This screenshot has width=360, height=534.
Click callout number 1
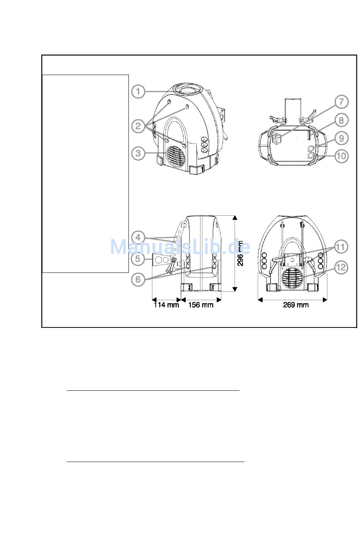pos(138,91)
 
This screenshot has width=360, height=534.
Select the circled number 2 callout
pos(138,126)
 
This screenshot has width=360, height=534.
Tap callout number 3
pos(138,153)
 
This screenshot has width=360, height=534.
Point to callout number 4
pos(138,238)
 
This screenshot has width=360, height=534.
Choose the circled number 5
pos(138,258)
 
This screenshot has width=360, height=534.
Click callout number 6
pos(138,279)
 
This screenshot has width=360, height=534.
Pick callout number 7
pos(341,102)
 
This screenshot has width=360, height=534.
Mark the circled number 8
pos(341,120)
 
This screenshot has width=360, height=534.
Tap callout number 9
pos(341,138)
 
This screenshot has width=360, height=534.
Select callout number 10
pos(341,156)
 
